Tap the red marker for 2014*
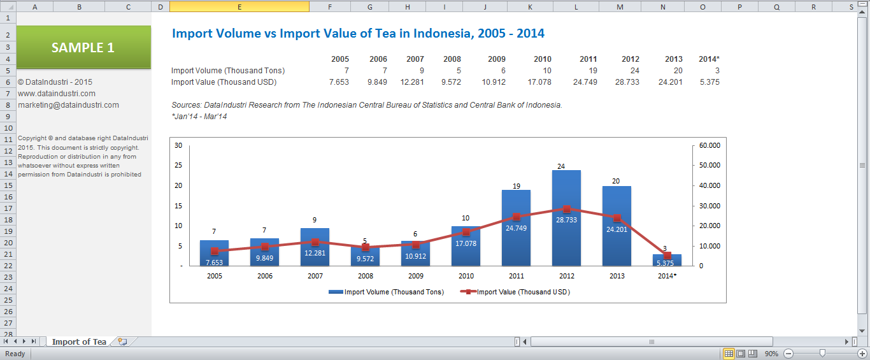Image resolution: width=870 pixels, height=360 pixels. point(667,256)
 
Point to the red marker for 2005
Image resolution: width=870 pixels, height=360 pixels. point(215,251)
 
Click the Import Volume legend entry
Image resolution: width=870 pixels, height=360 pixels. point(386,292)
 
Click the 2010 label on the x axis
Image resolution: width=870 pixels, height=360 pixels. point(466,276)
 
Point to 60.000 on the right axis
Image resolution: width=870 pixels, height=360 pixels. point(710,145)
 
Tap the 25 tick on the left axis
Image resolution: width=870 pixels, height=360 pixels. point(178,165)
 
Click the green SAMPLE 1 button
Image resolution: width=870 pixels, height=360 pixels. point(83,47)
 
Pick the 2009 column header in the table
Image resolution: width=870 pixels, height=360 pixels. point(497,59)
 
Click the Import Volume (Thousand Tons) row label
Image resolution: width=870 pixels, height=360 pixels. point(228,71)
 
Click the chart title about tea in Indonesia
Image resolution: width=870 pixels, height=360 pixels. point(358,33)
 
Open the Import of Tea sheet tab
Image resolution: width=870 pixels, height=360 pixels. point(79,342)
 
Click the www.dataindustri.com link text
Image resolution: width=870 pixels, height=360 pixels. point(57,94)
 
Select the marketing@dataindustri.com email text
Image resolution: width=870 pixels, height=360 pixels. point(68,105)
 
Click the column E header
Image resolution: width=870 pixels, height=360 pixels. point(239,6)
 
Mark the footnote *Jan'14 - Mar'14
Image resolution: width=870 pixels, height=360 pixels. point(199,117)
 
